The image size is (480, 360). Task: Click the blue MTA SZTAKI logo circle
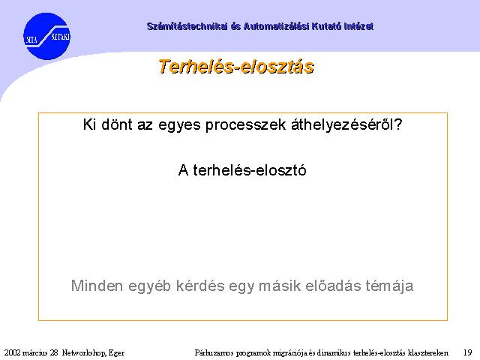click(46, 36)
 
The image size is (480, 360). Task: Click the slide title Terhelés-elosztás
click(236, 67)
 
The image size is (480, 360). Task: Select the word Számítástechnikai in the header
click(187, 26)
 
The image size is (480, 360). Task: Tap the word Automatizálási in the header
click(277, 26)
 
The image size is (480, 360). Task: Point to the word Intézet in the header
click(358, 26)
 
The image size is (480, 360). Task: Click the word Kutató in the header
click(327, 26)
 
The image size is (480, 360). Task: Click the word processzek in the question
click(245, 125)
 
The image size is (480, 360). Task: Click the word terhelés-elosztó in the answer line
click(250, 170)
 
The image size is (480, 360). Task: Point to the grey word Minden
click(97, 286)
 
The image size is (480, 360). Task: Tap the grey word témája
click(389, 286)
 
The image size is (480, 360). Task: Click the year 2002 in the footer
click(13, 352)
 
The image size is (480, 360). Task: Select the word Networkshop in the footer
click(84, 353)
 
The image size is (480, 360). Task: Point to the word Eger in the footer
click(116, 353)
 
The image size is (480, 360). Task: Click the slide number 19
click(467, 352)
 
